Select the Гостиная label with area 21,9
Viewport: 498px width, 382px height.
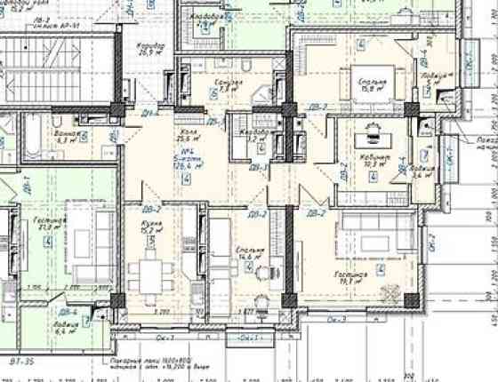53,222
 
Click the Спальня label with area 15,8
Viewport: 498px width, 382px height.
372,85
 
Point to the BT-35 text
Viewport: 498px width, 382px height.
20,362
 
